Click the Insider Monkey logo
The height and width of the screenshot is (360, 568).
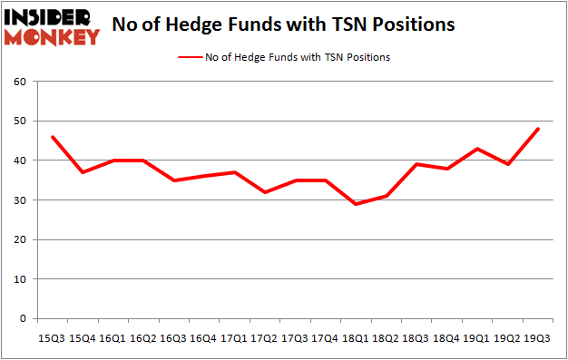53,26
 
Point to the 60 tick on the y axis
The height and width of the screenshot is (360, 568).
19,82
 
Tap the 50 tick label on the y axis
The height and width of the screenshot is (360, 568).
19,122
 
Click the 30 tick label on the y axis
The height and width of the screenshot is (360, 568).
19,200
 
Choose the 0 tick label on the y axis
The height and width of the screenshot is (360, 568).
23,319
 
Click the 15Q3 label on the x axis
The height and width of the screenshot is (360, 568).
51,337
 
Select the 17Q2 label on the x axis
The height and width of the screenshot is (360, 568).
264,337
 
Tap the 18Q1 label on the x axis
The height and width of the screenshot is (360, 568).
356,337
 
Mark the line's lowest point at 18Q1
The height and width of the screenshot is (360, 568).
356,204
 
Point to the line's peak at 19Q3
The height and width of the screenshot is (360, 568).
538,129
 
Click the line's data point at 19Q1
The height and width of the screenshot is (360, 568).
477,149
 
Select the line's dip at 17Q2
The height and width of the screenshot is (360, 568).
264,192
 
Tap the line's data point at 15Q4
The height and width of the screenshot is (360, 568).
82,172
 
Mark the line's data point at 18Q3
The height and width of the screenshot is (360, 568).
416,164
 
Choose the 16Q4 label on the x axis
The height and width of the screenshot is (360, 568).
203,337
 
